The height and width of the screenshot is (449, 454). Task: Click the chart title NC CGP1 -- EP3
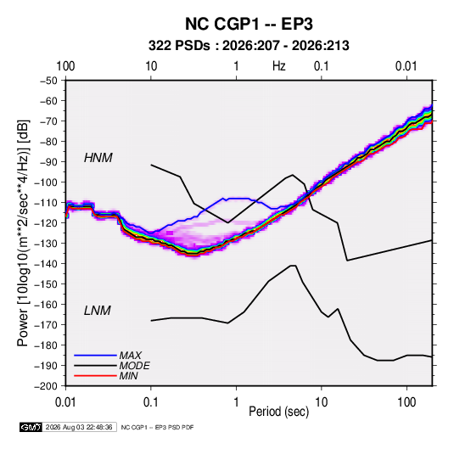click(249, 24)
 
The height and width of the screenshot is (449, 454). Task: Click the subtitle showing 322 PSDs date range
click(249, 46)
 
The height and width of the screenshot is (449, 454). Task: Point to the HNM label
click(98, 158)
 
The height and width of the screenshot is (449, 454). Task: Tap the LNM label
click(98, 311)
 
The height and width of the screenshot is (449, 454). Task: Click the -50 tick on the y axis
click(48, 81)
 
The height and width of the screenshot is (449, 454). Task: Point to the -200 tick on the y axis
click(46, 386)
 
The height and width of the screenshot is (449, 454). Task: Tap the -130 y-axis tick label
click(46, 244)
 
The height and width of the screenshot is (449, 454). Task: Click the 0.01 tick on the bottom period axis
click(65, 402)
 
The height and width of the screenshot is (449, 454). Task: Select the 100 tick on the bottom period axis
click(406, 402)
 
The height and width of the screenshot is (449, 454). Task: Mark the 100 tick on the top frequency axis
click(65, 66)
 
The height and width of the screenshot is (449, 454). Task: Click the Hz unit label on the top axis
click(279, 66)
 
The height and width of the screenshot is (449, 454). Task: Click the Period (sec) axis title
click(279, 412)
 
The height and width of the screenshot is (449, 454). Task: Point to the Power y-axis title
click(23, 233)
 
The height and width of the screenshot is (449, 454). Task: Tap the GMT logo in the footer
click(31, 427)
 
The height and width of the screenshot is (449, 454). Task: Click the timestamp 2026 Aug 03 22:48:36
click(79, 427)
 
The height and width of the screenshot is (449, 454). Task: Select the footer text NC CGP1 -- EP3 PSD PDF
click(157, 427)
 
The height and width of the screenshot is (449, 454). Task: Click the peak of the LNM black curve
click(293, 266)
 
